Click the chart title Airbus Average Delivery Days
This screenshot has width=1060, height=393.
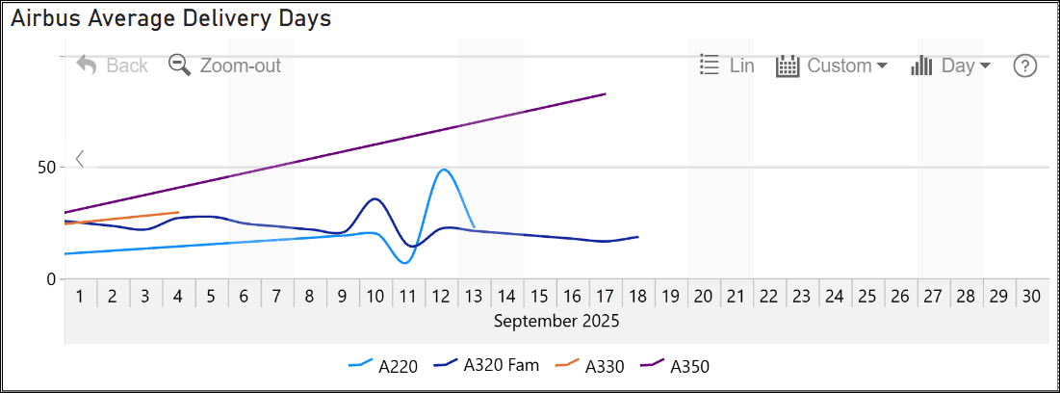point(171,18)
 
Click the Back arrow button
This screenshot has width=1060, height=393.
point(112,65)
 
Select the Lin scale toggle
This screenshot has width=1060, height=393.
point(727,65)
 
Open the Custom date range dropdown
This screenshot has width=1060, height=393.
point(832,65)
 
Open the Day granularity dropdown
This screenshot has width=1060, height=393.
point(951,65)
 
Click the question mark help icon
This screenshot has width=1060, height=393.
point(1025,65)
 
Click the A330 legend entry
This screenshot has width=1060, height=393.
point(591,366)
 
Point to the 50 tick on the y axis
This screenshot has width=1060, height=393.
point(45,167)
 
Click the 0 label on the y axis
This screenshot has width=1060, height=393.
point(53,279)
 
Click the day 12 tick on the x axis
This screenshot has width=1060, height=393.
point(442,297)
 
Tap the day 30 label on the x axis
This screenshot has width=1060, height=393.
point(1030,297)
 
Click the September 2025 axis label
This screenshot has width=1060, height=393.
point(556,321)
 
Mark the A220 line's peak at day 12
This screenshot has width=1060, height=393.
point(443,170)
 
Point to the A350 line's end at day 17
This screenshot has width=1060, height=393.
point(606,93)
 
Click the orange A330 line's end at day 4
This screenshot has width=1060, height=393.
point(178,212)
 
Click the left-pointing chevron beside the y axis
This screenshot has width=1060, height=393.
point(80,159)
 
